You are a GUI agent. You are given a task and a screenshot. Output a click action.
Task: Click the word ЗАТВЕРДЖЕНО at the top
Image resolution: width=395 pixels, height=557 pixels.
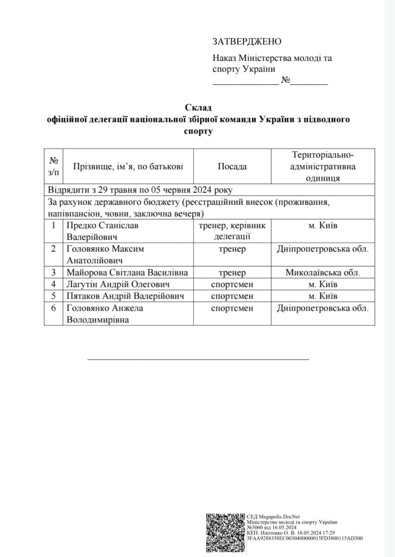coord(247,41)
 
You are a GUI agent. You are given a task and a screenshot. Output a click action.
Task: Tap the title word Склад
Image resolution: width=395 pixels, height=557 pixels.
coord(198,107)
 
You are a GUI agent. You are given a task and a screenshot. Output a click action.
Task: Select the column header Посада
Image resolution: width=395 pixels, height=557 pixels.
coord(232,167)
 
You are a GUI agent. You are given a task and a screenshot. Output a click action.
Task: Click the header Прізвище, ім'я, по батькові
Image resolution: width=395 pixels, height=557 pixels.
coord(128,167)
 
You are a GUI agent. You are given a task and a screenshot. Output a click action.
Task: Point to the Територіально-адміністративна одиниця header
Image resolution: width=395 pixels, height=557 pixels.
coord(323,167)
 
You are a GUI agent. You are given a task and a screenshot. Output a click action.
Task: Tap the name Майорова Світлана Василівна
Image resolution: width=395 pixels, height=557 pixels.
coord(127,273)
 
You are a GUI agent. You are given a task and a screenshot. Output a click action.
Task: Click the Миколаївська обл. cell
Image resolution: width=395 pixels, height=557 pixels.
coord(323,273)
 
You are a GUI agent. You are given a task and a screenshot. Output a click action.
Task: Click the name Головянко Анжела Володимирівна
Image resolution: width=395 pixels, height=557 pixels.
coord(105,313)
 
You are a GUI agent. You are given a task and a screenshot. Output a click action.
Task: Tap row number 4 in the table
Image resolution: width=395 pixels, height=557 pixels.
coord(54,285)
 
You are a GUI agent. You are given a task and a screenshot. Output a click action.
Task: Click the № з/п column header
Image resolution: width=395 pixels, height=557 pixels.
coord(54,167)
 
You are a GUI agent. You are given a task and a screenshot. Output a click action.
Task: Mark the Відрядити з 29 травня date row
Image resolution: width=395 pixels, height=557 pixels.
coord(140,190)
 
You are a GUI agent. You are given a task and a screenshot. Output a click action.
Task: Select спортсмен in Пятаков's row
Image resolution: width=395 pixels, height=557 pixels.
coord(232,296)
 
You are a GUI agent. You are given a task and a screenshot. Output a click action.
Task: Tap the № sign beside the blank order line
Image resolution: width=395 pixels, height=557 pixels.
coord(285,81)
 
